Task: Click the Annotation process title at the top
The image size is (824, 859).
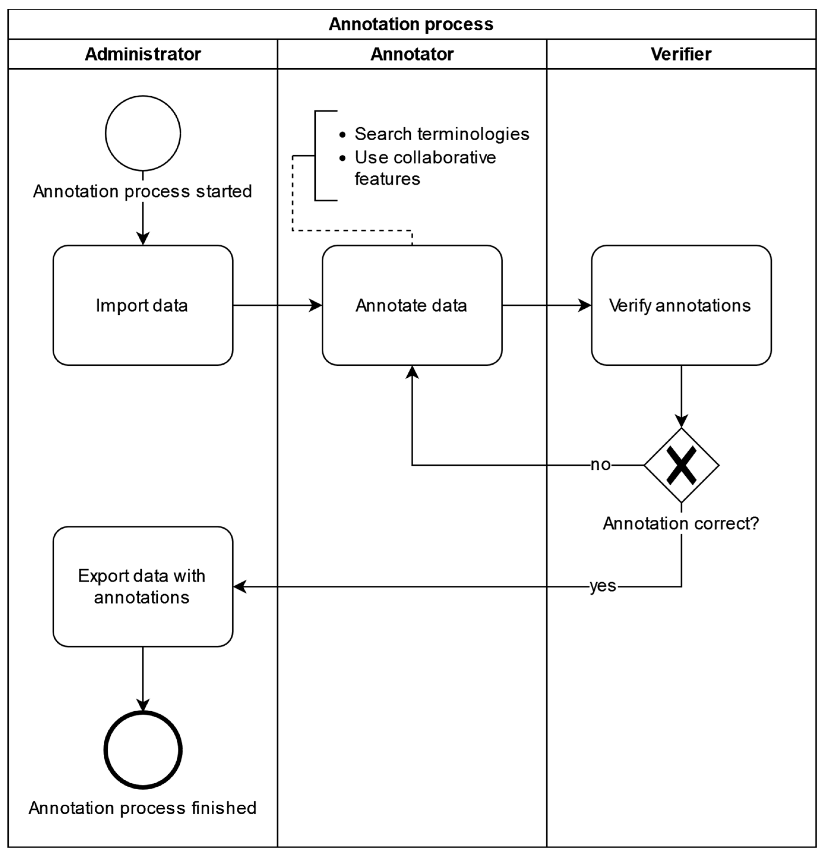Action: [411, 24]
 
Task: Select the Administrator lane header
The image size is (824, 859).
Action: [143, 54]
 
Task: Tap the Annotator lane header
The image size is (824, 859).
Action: [412, 54]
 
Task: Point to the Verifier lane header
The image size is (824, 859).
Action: [681, 54]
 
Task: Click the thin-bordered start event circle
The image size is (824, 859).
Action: [143, 133]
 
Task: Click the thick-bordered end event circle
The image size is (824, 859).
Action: [143, 750]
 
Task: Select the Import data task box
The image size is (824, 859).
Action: [143, 305]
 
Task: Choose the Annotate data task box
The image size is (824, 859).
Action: [412, 305]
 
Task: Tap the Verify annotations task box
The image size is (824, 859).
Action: [681, 305]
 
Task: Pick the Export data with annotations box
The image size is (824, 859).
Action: [143, 587]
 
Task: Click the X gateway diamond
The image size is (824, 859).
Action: [681, 465]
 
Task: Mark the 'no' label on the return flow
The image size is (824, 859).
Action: [600, 465]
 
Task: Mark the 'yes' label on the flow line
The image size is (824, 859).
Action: [603, 586]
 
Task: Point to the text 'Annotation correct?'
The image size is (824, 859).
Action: [681, 523]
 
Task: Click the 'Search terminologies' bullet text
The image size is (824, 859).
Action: [442, 134]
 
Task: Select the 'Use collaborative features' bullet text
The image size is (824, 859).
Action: [425, 168]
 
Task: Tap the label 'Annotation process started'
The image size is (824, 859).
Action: [143, 191]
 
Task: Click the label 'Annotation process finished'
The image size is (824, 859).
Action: [143, 808]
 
